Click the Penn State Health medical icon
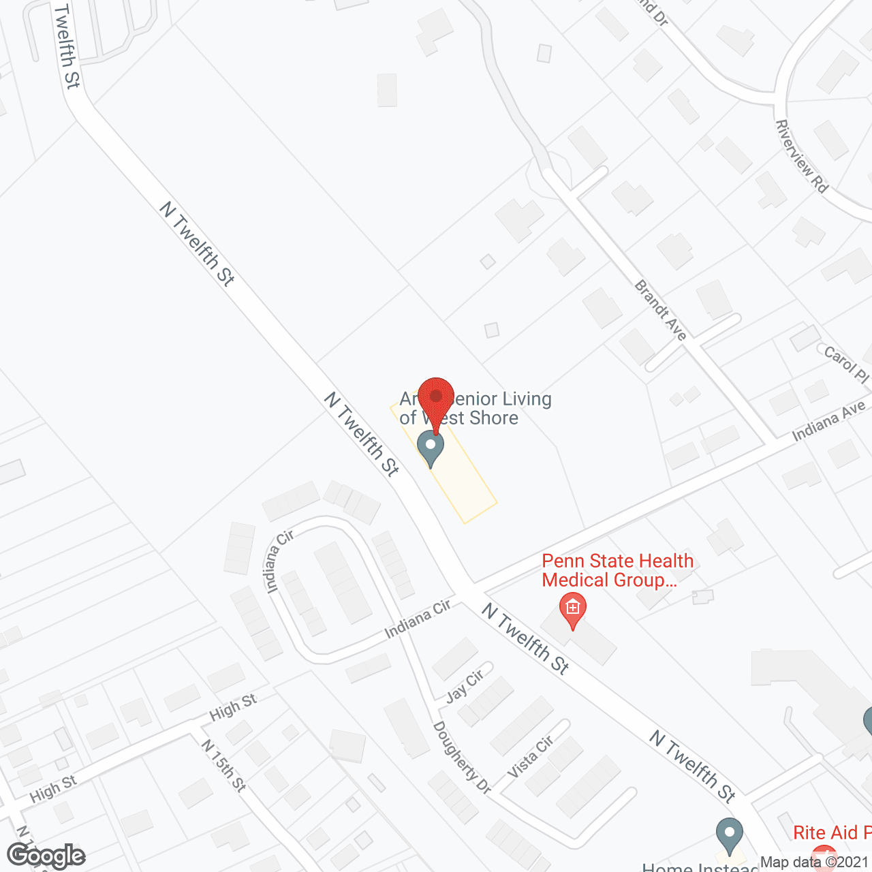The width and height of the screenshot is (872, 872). click(573, 608)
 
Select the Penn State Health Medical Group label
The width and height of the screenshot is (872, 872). click(617, 571)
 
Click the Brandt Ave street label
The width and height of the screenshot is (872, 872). click(660, 309)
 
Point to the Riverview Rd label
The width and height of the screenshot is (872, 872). click(802, 156)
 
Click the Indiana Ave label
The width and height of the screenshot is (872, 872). click(828, 421)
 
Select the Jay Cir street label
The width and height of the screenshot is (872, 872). click(465, 685)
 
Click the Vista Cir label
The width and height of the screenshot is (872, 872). click(531, 756)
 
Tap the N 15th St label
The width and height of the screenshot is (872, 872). click(223, 765)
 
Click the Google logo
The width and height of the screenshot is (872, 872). click(46, 856)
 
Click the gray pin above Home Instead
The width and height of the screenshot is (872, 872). click(730, 835)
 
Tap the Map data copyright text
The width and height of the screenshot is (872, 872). click(815, 862)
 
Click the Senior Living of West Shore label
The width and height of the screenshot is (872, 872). click(476, 408)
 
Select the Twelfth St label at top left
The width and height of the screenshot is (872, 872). click(67, 46)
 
